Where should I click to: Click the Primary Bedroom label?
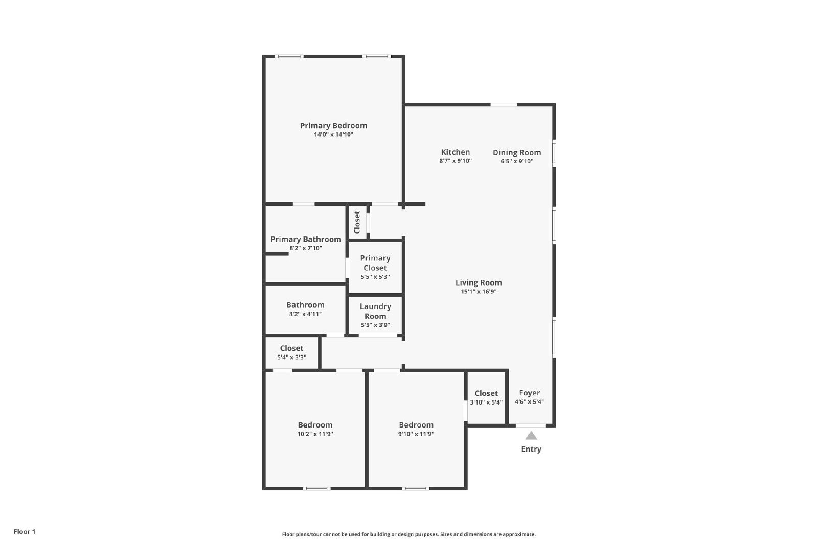coord(333,126)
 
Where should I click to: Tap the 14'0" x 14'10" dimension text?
coord(333,135)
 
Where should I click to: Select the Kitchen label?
coord(456,152)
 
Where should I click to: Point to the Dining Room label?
coord(517,153)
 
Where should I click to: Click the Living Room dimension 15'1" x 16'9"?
coord(479,292)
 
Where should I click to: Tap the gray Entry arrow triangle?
coord(531,436)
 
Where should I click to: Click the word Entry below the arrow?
coord(531,449)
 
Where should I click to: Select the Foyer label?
coord(529,393)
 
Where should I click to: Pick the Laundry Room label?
coord(375,311)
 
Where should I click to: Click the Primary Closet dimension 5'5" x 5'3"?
coord(375,277)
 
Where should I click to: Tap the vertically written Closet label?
coord(357,223)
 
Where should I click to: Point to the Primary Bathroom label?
coord(306,240)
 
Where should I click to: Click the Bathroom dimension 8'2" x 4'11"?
coord(305,314)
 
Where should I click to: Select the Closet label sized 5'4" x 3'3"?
coord(291,348)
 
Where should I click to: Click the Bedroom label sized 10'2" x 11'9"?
coord(315,425)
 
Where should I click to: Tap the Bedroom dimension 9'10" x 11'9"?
coord(416,434)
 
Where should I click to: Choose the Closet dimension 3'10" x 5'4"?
coord(486,402)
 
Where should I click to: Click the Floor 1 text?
coord(25,532)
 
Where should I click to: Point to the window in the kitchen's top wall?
coord(504,105)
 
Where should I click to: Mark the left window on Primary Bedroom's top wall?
coord(289,56)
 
